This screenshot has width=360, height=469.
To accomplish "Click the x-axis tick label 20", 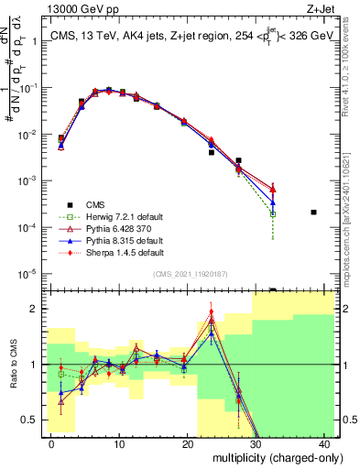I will (188, 443).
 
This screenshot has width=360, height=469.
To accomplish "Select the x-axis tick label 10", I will (120, 443).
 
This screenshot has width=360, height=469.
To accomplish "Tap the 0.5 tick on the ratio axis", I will (30, 420).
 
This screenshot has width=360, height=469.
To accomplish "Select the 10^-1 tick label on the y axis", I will (27, 88).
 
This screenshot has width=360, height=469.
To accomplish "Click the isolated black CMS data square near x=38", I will (313, 212).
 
